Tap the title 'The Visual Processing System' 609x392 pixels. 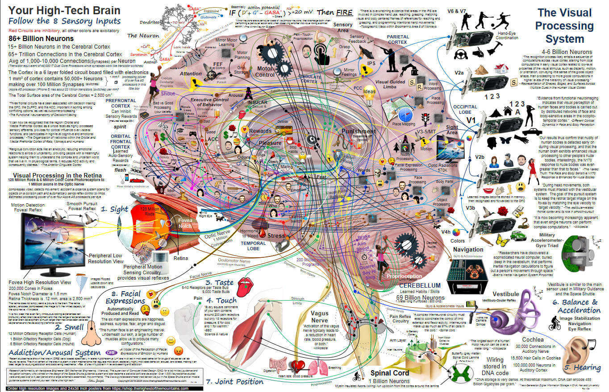tap(565, 25)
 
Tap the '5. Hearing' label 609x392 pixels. tap(581, 367)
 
